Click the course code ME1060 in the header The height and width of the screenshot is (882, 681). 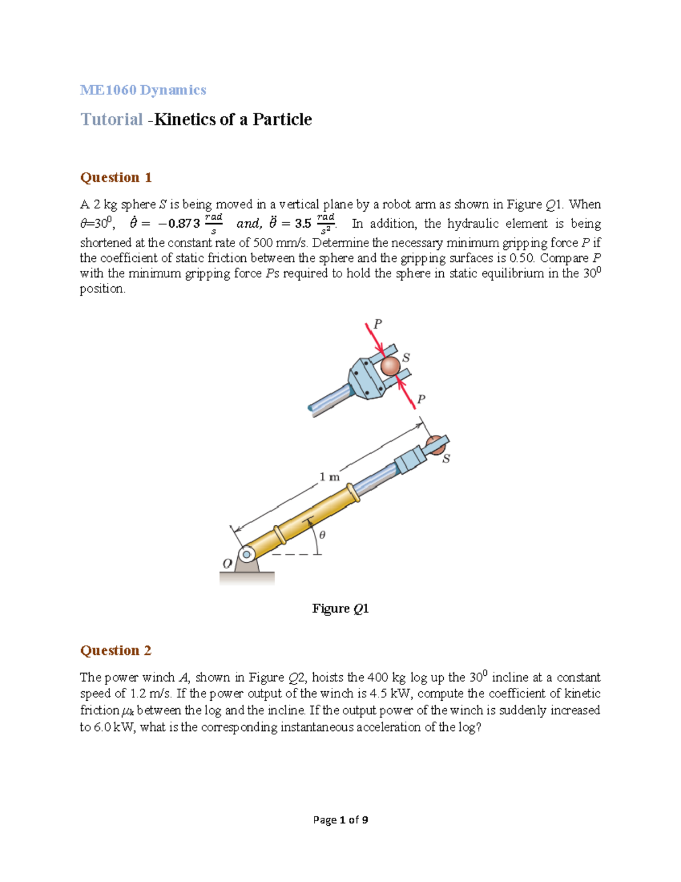(108, 90)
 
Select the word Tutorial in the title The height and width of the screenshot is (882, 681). (112, 119)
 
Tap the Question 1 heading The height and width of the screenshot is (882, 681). (116, 178)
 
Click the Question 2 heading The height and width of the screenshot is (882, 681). (116, 651)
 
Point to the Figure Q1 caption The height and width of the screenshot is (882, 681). (340, 609)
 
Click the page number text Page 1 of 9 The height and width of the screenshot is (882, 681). (340, 820)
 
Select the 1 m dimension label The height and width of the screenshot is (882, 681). (329, 477)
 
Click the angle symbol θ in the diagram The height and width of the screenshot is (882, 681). (322, 535)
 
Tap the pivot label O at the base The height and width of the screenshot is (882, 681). (227, 564)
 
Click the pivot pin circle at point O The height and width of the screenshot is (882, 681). (246, 554)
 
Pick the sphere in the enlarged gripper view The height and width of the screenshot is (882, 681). (390, 366)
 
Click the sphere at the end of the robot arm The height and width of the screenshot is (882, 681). (435, 443)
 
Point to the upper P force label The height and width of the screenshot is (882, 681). (377, 324)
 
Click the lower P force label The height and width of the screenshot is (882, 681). (421, 399)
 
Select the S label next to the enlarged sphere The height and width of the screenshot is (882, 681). (406, 358)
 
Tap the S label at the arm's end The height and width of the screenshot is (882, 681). (446, 459)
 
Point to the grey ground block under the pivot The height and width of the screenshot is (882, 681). (247, 578)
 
